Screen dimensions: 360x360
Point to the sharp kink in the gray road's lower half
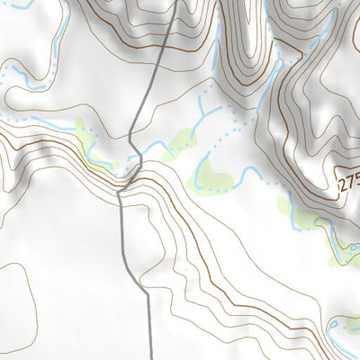[121, 193]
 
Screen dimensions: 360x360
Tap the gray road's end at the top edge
[175, 2]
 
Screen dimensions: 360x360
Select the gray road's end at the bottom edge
[149, 357]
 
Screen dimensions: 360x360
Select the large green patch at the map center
[211, 175]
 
